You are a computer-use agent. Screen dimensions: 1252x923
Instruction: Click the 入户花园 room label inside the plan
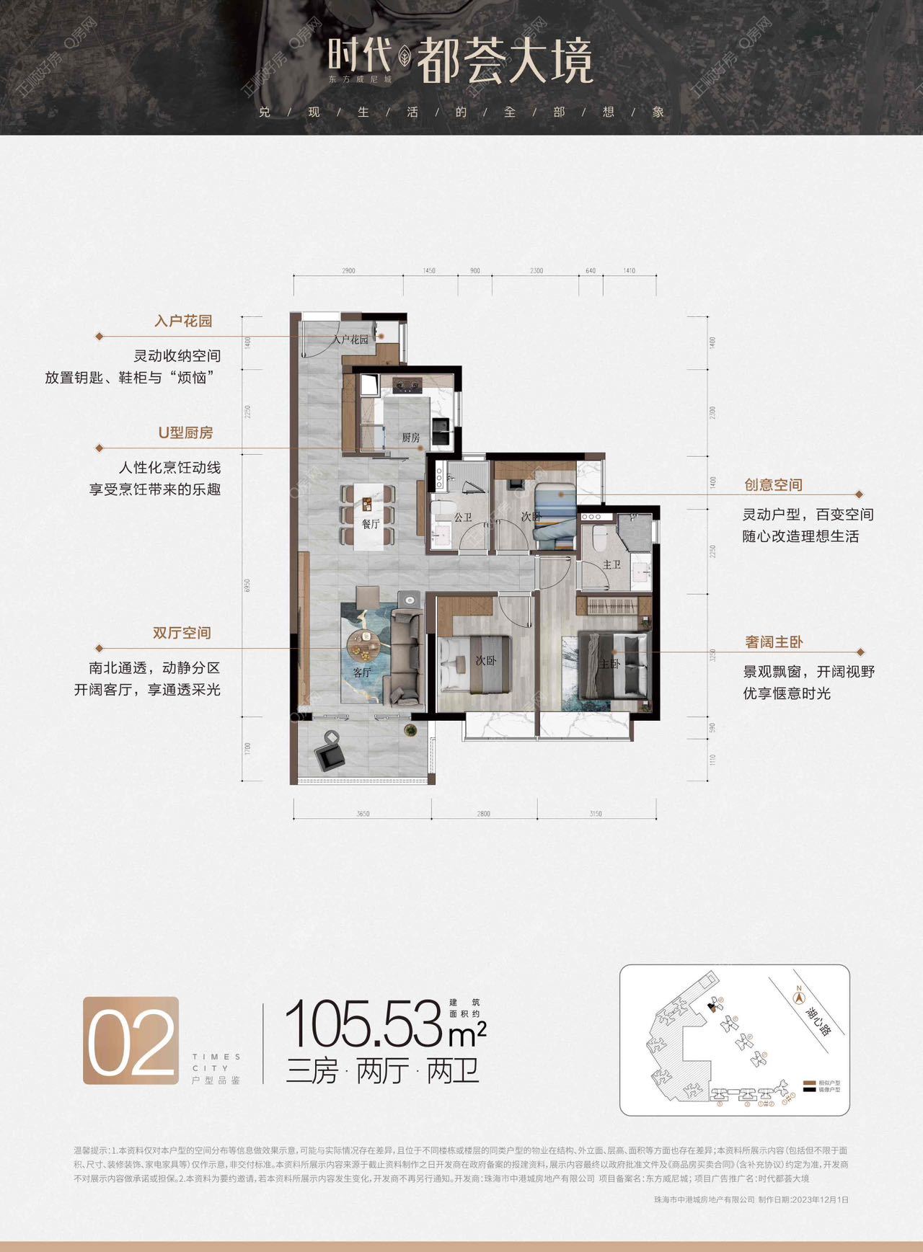click(x=350, y=339)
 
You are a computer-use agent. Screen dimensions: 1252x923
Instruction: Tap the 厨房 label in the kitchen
click(x=411, y=438)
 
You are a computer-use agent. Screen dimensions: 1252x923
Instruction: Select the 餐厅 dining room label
click(x=371, y=524)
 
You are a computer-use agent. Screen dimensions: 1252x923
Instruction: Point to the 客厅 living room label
click(x=362, y=672)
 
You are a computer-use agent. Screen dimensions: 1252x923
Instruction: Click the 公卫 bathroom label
click(x=463, y=518)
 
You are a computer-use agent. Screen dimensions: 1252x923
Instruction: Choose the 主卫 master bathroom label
click(x=611, y=564)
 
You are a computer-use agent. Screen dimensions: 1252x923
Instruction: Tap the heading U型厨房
click(x=185, y=432)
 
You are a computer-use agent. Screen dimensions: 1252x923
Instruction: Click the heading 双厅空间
click(x=182, y=633)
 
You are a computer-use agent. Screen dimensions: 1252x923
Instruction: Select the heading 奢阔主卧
click(x=774, y=641)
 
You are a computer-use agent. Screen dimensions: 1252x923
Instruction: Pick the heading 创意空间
click(x=773, y=485)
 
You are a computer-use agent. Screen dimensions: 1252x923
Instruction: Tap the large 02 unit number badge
click(x=131, y=1041)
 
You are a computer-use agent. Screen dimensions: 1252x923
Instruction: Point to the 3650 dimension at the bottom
click(x=363, y=814)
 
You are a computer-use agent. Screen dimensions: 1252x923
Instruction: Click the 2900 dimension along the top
click(x=348, y=271)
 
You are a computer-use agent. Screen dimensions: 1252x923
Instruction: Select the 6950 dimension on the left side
click(x=247, y=585)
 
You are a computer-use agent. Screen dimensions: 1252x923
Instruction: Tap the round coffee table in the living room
click(x=363, y=643)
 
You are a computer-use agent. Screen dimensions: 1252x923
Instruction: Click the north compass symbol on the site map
click(x=798, y=998)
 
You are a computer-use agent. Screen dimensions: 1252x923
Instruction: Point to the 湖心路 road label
click(x=817, y=1016)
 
